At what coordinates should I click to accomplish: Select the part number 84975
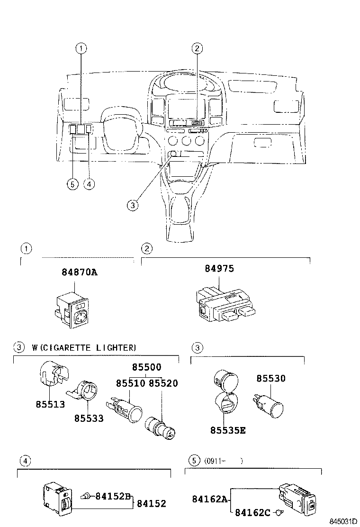[219, 269]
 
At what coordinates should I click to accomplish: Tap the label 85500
[146, 367]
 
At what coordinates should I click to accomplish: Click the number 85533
[89, 419]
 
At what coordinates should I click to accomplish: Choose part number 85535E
[228, 430]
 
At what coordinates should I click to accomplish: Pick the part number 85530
[271, 378]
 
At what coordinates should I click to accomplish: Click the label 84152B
[113, 496]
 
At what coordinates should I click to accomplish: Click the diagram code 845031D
[343, 522]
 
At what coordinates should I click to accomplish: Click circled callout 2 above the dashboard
[197, 47]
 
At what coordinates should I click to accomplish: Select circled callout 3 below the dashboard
[133, 205]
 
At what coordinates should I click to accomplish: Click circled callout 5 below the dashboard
[72, 184]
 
